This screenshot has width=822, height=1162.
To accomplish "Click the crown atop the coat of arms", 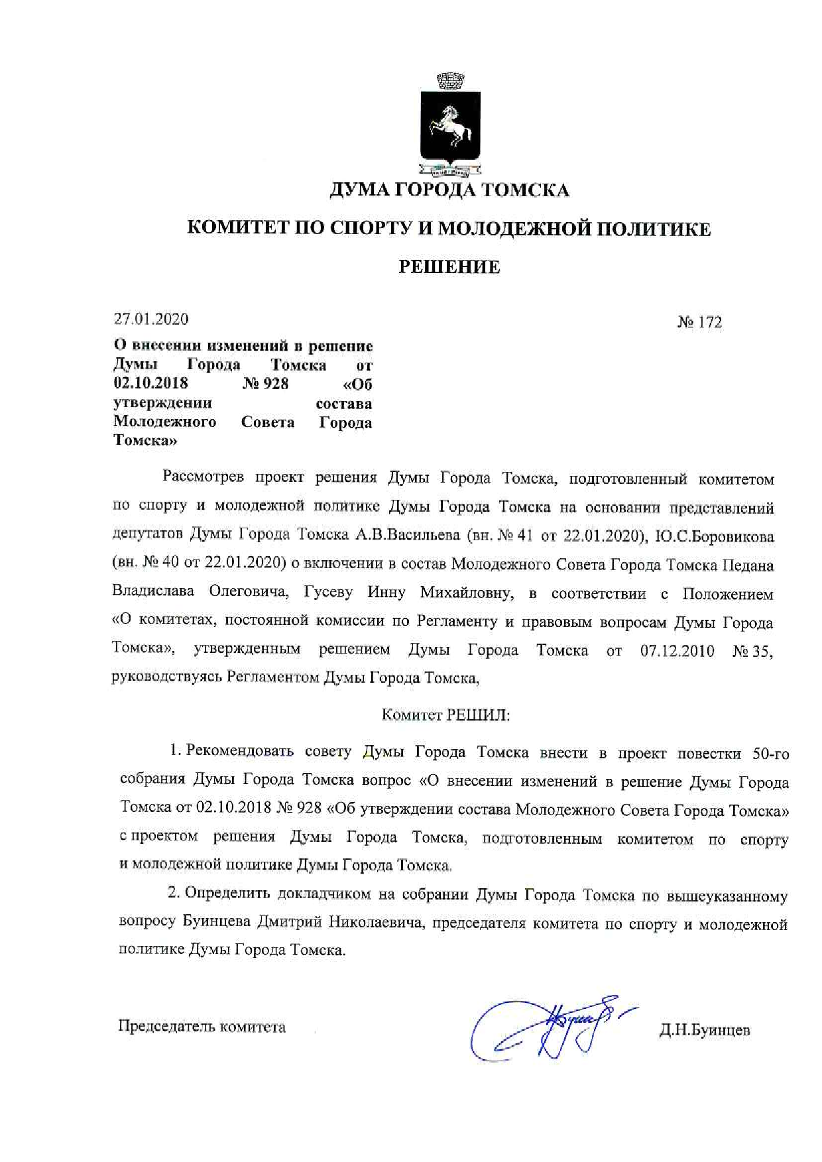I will click(x=450, y=82).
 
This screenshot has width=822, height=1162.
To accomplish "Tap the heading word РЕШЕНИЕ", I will click(x=449, y=267).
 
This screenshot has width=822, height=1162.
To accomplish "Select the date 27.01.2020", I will click(x=151, y=319).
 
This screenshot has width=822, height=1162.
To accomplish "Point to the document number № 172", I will click(x=699, y=322).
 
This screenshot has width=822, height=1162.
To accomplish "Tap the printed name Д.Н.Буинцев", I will click(x=704, y=1030).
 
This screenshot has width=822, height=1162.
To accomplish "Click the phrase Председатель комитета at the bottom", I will click(x=202, y=1027).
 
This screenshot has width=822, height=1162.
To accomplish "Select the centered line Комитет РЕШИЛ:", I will click(x=445, y=715).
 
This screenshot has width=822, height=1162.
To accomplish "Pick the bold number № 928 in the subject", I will click(x=265, y=384).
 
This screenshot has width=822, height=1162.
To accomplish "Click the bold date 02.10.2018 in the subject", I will click(x=150, y=384).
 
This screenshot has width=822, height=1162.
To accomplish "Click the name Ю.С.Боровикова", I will click(x=715, y=536).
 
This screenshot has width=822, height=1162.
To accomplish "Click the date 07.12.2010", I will click(x=677, y=651).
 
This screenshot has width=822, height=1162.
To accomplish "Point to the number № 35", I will click(x=752, y=651).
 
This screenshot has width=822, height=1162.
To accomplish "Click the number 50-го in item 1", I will click(x=770, y=754).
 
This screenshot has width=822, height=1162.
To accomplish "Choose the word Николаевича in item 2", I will click(x=376, y=923).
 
